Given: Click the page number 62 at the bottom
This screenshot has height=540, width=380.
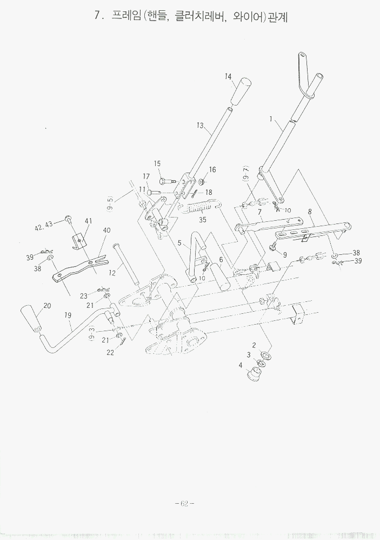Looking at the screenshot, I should [x=184, y=503].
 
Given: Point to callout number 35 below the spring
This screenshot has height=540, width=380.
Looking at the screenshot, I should [x=203, y=220].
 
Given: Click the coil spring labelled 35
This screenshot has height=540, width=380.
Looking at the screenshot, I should [x=203, y=208].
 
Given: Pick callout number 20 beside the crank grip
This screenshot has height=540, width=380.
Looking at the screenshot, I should [x=47, y=306].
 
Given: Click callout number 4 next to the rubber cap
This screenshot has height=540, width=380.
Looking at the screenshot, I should [x=241, y=365].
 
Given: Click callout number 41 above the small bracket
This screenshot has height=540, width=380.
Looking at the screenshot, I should [x=88, y=221].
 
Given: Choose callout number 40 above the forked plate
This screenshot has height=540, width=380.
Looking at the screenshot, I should [x=106, y=231].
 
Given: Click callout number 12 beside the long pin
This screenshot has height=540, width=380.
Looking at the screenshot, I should [x=112, y=273].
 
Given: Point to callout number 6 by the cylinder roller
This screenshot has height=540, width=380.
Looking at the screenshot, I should [x=221, y=260].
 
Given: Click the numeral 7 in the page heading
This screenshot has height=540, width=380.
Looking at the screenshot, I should [x=97, y=16].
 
